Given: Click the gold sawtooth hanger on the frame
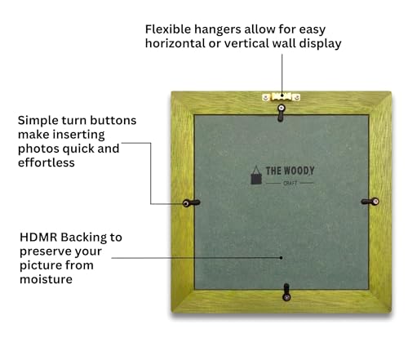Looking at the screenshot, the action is (x=282, y=97).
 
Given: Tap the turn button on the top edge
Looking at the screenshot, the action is (x=281, y=113).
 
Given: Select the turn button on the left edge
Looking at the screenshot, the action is (x=191, y=203).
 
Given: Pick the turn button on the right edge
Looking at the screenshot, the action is (x=370, y=202).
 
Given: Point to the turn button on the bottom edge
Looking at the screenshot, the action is (x=286, y=292).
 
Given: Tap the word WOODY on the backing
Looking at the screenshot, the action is (x=299, y=171).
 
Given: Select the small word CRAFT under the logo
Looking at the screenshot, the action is (x=290, y=183).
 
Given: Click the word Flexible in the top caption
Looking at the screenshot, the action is (x=168, y=29).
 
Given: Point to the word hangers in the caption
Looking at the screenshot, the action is (x=218, y=30).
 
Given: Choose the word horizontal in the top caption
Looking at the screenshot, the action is (x=175, y=43).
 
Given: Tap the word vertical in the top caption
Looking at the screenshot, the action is (x=246, y=43).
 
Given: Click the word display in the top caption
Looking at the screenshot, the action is (x=320, y=44).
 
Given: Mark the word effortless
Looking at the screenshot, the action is (x=47, y=162).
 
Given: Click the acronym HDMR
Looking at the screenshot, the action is (x=38, y=238).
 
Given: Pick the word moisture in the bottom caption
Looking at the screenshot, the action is (x=46, y=279).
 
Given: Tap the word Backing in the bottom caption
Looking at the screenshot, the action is (x=84, y=238).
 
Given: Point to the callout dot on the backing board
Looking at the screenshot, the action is (x=282, y=258).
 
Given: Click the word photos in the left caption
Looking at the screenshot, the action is (x=38, y=149).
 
